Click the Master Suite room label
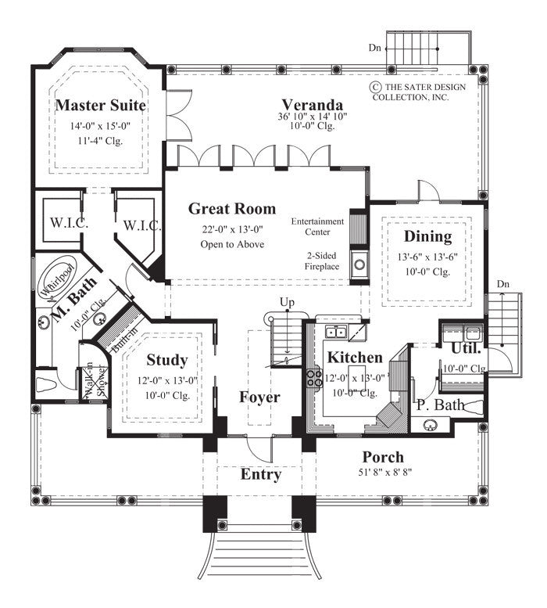(101, 105)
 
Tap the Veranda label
(313, 104)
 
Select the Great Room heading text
(231, 208)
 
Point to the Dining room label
(427, 236)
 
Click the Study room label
(167, 361)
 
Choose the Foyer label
(259, 398)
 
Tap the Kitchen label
(355, 358)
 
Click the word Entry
(260, 474)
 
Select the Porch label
(383, 457)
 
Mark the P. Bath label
(441, 405)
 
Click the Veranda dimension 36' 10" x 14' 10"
(313, 117)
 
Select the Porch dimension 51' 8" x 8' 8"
(383, 471)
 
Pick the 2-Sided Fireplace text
(321, 261)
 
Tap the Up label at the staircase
(288, 302)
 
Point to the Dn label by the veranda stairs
(376, 48)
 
